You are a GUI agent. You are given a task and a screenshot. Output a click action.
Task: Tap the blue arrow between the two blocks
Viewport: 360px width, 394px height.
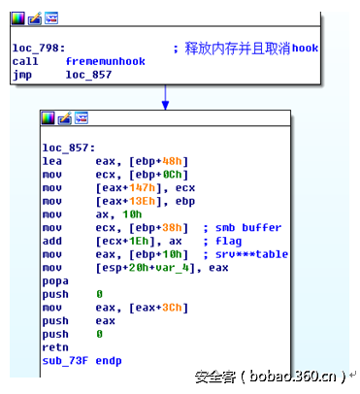[165, 97]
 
